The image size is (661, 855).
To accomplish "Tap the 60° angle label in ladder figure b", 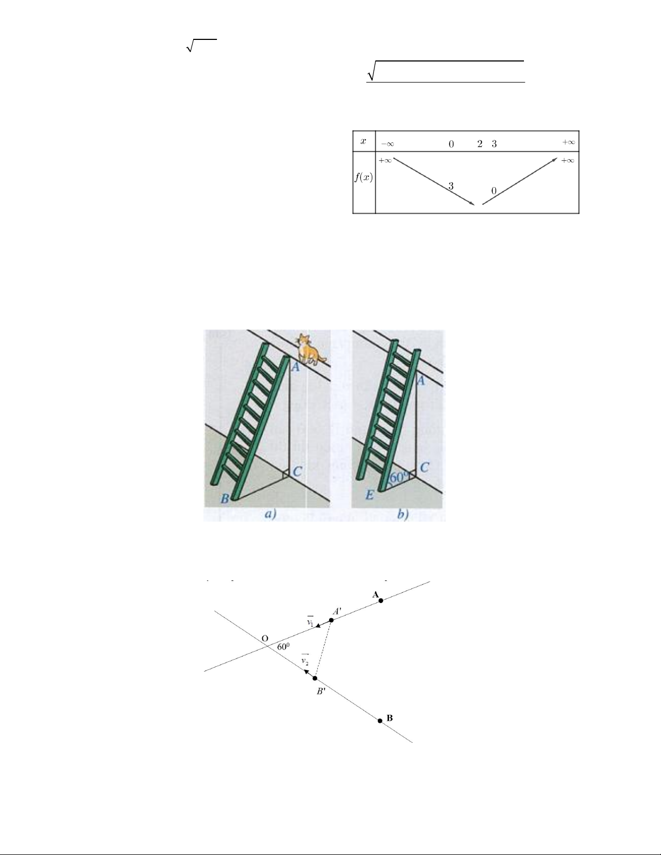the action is point(399,477).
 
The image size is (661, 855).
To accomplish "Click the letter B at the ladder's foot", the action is point(224,499).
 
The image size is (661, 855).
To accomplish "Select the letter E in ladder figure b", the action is point(370,495).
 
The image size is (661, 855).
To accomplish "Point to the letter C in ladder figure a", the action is point(297,471).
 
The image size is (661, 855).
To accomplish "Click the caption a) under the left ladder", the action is point(270,514).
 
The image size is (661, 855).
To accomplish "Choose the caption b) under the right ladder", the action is point(404,514).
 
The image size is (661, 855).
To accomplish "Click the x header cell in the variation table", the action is point(364,141).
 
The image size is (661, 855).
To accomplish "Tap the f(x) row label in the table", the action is point(364,178).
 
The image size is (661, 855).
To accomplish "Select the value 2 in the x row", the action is point(480,144).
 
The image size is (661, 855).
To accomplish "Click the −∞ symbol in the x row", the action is point(387,144).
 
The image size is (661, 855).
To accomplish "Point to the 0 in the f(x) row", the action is point(494,191).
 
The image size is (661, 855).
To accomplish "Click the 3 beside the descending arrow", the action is point(451,186).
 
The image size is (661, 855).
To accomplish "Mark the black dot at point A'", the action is point(331,620).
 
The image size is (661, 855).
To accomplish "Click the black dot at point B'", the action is point(315,678).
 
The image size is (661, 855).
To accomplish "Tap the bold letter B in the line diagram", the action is point(390,718).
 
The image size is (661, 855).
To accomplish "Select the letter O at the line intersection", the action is point(265,638).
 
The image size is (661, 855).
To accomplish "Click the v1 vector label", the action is point(310,620).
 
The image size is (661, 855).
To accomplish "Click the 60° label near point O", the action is point(283,647).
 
